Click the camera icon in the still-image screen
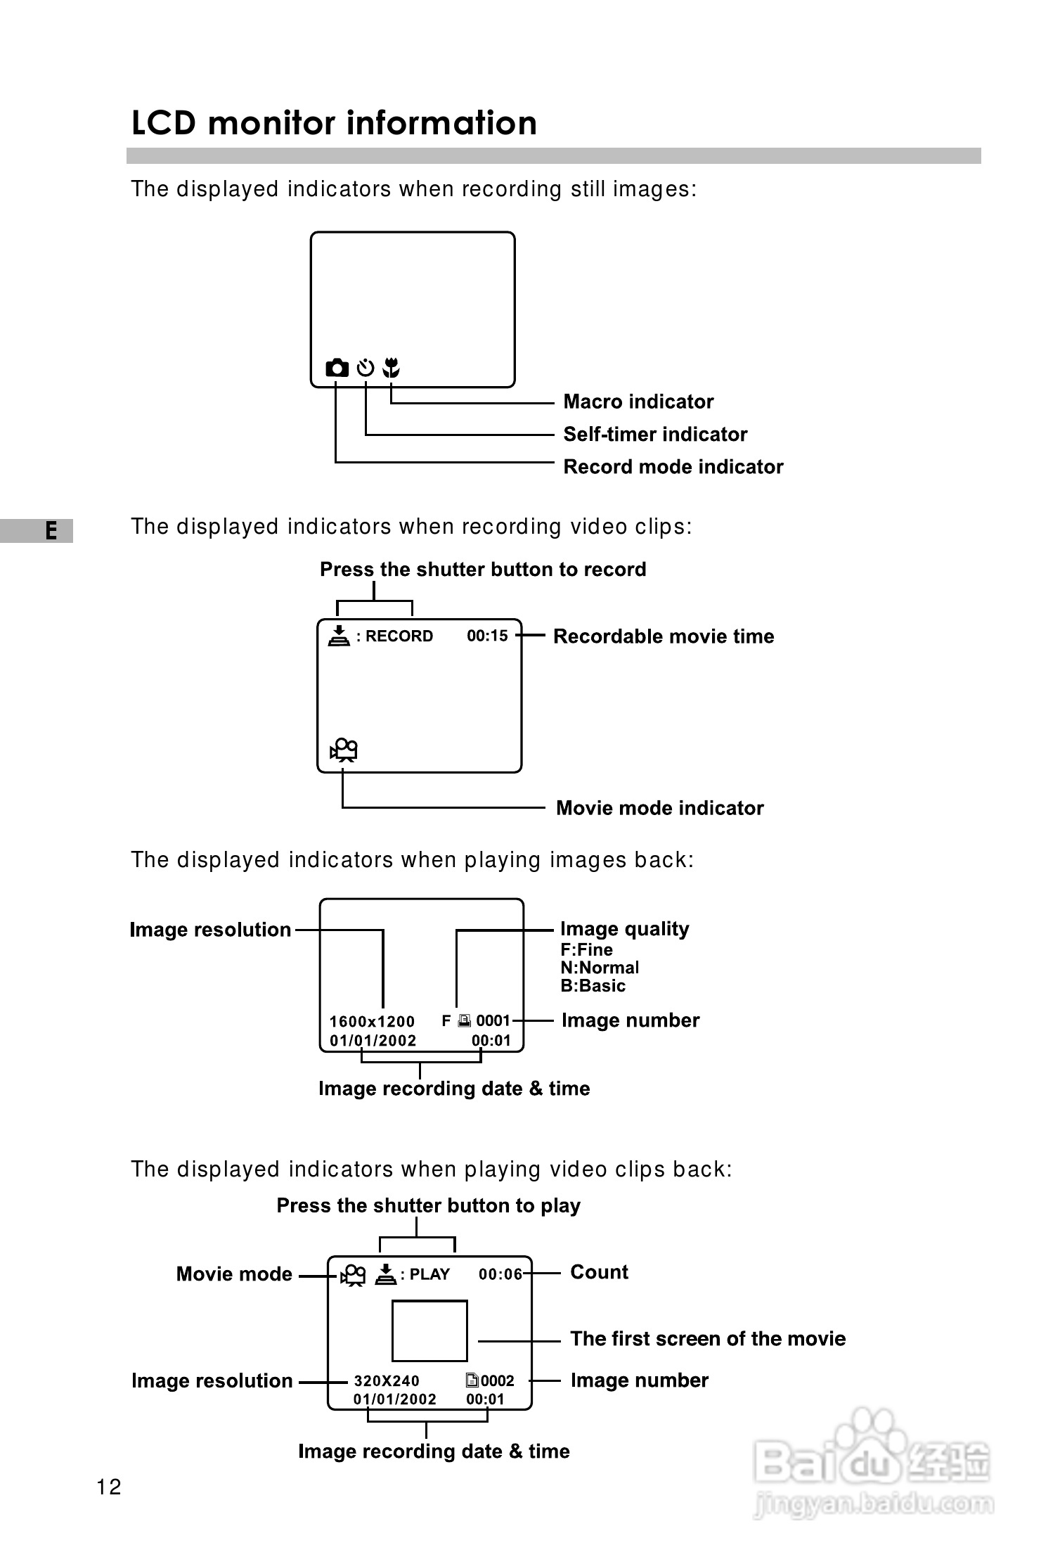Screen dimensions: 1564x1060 tap(337, 368)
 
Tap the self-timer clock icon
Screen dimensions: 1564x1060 tap(366, 368)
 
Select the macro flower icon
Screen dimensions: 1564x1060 tap(392, 367)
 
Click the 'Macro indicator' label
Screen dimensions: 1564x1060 tap(638, 402)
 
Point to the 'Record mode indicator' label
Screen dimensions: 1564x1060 tap(673, 467)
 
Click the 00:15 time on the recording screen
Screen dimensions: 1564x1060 tap(487, 636)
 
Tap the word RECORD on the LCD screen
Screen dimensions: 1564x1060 tap(399, 636)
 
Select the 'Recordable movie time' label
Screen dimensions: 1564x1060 tap(664, 636)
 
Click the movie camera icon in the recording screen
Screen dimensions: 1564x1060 tap(344, 750)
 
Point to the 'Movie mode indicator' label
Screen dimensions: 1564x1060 tap(659, 808)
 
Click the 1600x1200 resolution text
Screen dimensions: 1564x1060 tap(372, 1022)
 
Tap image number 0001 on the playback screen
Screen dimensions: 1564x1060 tap(493, 1020)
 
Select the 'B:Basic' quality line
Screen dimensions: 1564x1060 tap(593, 986)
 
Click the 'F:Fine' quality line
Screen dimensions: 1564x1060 tap(586, 949)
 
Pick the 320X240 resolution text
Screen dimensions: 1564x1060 tap(387, 1381)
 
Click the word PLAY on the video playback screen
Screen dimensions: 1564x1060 tap(429, 1274)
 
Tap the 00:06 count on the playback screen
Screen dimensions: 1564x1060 tap(500, 1274)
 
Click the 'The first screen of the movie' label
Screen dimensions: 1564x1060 tap(708, 1338)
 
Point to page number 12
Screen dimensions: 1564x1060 tap(109, 1487)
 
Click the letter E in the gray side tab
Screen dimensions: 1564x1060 tap(51, 530)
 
